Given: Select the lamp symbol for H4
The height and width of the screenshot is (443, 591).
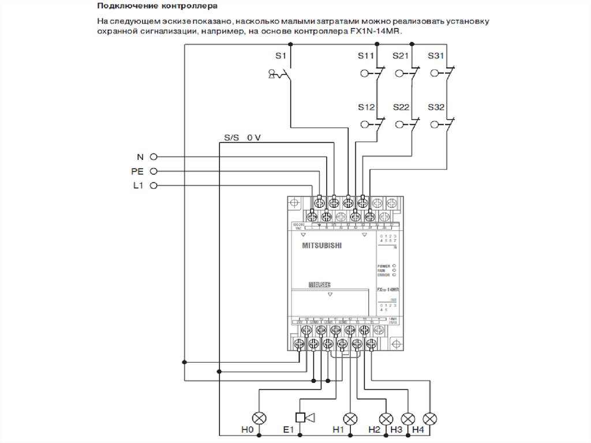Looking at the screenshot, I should [x=429, y=418].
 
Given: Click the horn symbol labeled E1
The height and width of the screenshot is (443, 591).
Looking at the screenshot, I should [x=304, y=418].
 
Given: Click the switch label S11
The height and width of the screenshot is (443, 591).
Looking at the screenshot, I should [x=366, y=55].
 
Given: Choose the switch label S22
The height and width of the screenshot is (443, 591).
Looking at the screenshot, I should [x=401, y=107].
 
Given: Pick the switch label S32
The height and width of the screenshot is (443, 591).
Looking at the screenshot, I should [x=436, y=107].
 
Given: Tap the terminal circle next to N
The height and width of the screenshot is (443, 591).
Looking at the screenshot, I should [x=154, y=156].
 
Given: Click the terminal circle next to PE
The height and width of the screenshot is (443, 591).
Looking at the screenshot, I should [x=154, y=171].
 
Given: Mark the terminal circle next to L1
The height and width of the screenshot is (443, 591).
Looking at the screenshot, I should [x=154, y=185].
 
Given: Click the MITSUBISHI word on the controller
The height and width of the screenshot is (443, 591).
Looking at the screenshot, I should [x=322, y=245].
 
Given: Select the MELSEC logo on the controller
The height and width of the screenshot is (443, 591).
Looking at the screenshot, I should [x=319, y=285].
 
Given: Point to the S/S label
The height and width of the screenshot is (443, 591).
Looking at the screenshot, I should [x=231, y=138].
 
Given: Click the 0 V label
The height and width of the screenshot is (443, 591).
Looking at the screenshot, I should [x=254, y=138].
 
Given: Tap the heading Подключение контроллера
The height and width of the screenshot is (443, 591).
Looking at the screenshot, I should [x=149, y=7].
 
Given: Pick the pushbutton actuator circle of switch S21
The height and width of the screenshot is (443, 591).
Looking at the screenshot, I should [x=399, y=73].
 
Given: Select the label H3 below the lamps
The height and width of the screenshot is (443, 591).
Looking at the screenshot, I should [x=396, y=430].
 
